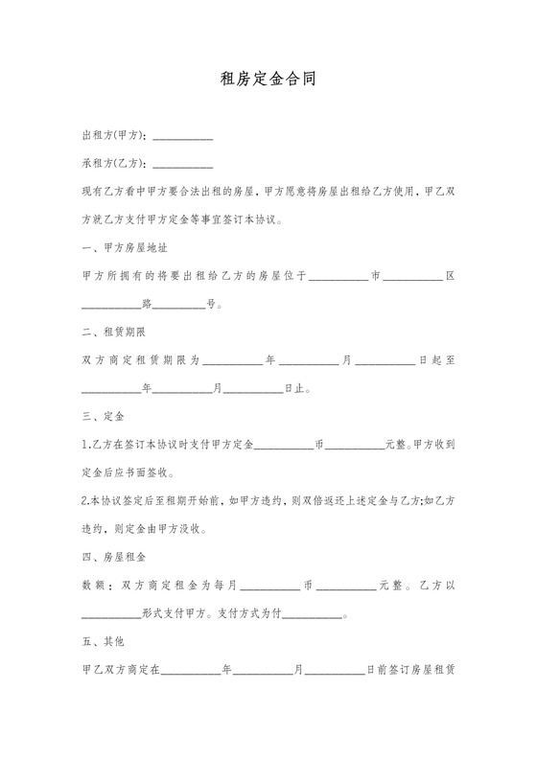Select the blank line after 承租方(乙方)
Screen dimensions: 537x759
pyautogui.click(x=183, y=164)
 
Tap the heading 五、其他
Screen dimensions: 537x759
pyautogui.click(x=102, y=640)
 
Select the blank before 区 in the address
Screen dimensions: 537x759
pyautogui.click(x=415, y=278)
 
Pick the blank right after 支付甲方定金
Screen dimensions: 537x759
pyautogui.click(x=285, y=447)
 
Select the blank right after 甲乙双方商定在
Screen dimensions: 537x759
pyautogui.click(x=191, y=671)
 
